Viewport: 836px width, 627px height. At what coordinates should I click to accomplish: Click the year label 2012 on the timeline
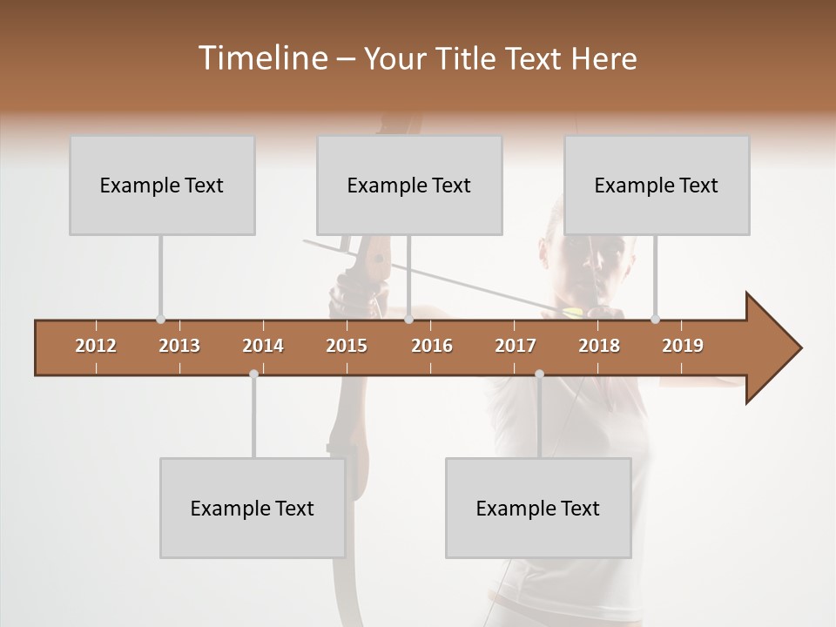click(x=96, y=346)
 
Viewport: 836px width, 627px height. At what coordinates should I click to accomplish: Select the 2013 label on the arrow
click(x=179, y=346)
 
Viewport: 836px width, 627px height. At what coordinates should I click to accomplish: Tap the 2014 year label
click(x=263, y=346)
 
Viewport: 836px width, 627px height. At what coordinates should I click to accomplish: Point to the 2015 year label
click(x=347, y=346)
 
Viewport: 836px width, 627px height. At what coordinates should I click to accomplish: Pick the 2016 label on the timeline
click(x=432, y=346)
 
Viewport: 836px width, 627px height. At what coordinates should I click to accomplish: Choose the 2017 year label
click(x=516, y=346)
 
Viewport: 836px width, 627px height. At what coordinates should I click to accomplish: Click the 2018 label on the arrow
click(x=599, y=346)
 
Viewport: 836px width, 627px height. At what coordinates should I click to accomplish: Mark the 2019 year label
click(x=683, y=346)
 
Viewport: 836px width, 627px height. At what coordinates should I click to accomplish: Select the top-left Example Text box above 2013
click(x=162, y=185)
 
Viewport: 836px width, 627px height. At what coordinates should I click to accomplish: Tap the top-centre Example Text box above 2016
click(x=409, y=185)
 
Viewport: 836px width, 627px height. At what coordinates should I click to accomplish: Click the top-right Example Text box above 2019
click(x=657, y=185)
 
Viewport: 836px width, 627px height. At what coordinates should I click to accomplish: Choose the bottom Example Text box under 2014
click(x=253, y=509)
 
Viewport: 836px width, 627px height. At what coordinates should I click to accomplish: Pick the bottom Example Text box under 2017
click(x=538, y=509)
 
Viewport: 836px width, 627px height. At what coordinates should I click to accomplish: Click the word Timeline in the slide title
click(x=262, y=58)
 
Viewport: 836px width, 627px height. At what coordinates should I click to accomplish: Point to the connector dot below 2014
click(x=253, y=374)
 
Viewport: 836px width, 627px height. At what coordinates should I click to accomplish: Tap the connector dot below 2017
click(x=539, y=374)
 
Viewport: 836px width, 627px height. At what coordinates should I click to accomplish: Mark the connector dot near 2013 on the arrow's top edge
click(x=160, y=319)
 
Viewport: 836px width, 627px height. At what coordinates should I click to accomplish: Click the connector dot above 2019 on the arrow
click(x=655, y=319)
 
